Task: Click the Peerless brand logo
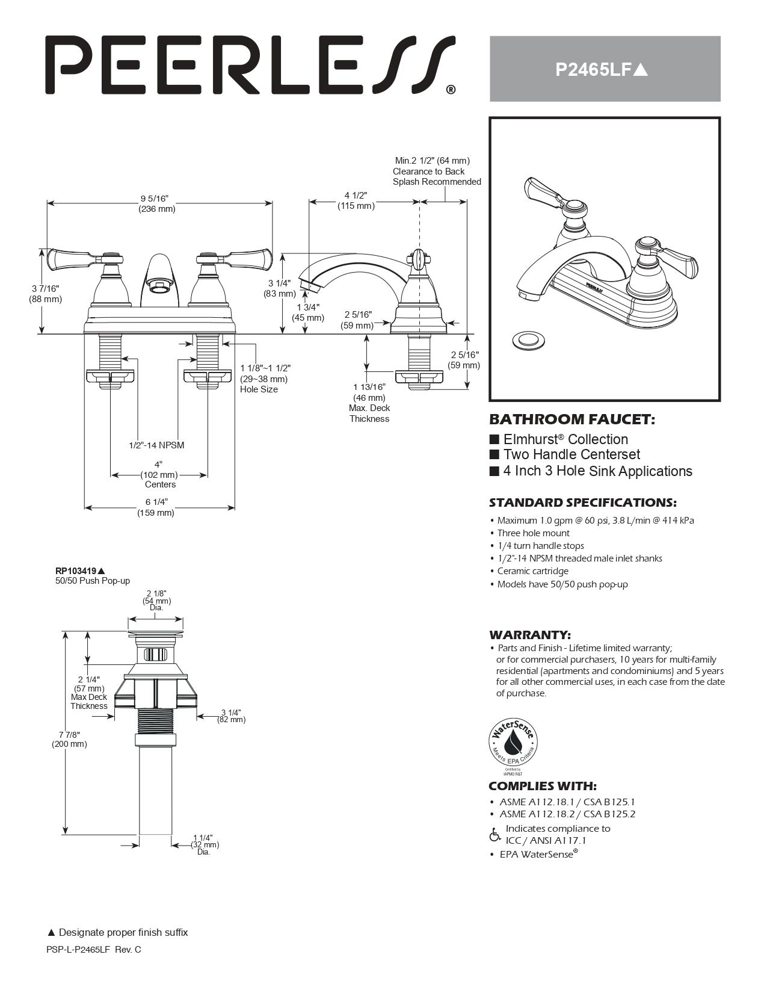click(x=250, y=64)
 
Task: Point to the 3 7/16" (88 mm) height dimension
click(x=46, y=294)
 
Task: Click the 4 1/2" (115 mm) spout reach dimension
click(x=356, y=200)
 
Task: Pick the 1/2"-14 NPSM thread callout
click(x=156, y=445)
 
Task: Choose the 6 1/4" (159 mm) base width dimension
click(x=156, y=507)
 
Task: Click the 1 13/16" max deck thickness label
click(x=369, y=403)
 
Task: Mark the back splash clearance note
click(x=436, y=172)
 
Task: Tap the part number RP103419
click(x=76, y=571)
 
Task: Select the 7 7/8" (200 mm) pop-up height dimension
click(x=69, y=739)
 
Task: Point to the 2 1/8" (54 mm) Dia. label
click(x=156, y=601)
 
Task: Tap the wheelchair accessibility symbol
click(x=495, y=835)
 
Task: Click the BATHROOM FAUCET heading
click(x=571, y=419)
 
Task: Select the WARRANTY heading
click(x=529, y=635)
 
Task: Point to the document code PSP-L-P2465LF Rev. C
click(x=94, y=950)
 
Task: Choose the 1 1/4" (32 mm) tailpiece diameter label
click(x=203, y=844)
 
